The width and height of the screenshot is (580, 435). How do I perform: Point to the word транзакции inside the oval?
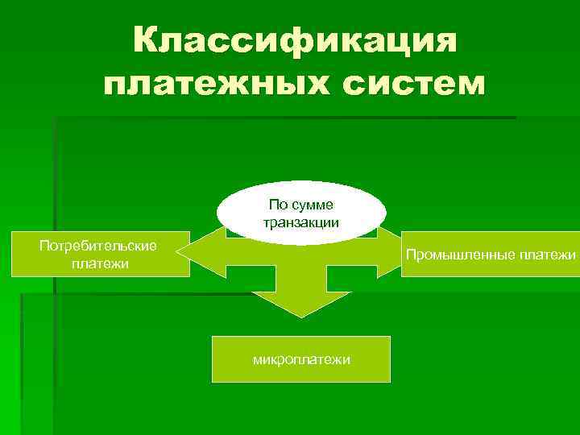(301, 222)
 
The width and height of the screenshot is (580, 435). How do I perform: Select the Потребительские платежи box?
(96, 254)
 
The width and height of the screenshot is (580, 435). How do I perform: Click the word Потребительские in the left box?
(96, 245)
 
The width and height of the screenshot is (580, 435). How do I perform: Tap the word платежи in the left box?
(96, 263)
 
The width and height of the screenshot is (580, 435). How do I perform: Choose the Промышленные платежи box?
(491, 254)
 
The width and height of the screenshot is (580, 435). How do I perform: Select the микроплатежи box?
(300, 358)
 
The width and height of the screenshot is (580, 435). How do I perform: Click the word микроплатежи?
(300, 359)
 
